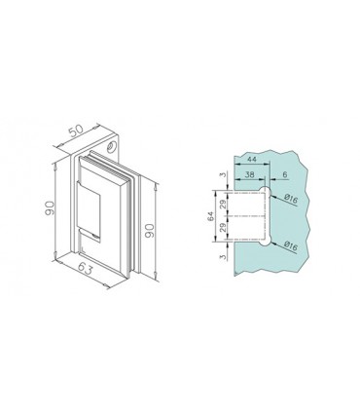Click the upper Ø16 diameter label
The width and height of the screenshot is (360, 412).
[x=291, y=201]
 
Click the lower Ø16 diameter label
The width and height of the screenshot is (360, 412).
[x=291, y=249]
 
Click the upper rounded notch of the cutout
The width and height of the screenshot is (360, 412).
[x=263, y=196]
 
